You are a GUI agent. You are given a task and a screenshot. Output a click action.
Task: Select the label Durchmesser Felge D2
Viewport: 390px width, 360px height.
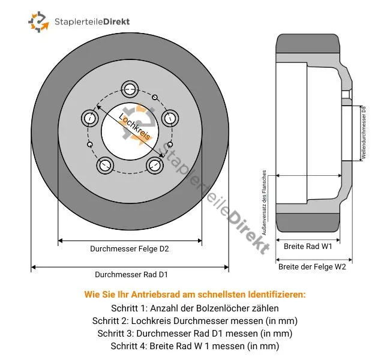coord(130,248)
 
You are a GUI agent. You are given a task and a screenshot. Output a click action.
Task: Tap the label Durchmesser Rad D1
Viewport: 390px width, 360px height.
coord(131,274)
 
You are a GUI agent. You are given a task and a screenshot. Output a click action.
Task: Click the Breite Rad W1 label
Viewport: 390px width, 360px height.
coord(308,246)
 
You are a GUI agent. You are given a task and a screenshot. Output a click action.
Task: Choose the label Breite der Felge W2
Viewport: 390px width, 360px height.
coord(312,267)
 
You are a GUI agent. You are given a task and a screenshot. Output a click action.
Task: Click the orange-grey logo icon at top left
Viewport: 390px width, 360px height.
coord(38,22)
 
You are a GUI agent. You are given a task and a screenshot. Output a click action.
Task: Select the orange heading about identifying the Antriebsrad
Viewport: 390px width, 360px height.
coord(195,295)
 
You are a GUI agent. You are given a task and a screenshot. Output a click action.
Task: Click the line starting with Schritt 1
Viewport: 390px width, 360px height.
coord(195,308)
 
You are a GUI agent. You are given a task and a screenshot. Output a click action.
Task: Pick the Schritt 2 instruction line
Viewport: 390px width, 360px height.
coord(195,320)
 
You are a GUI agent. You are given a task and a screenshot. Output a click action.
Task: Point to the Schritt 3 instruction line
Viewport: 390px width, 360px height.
coord(195,333)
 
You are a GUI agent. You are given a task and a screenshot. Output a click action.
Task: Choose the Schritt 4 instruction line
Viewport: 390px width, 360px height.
coord(195,346)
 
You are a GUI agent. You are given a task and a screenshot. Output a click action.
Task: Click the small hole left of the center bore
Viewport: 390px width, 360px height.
coord(89,145)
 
